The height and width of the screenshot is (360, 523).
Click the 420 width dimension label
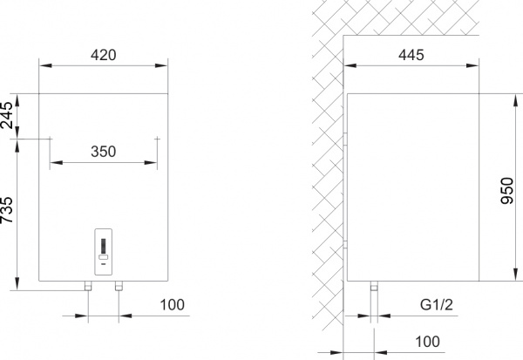click(104, 54)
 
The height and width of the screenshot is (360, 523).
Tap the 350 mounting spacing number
click(104, 151)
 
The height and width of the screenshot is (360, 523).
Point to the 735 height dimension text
click(8, 213)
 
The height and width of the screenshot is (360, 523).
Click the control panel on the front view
click(104, 253)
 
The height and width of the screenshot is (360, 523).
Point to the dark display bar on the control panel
click(104, 245)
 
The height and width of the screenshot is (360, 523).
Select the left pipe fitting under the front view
click(88, 287)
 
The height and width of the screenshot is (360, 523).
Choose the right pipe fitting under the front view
click(120, 287)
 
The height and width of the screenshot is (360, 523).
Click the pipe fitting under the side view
click(375, 287)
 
